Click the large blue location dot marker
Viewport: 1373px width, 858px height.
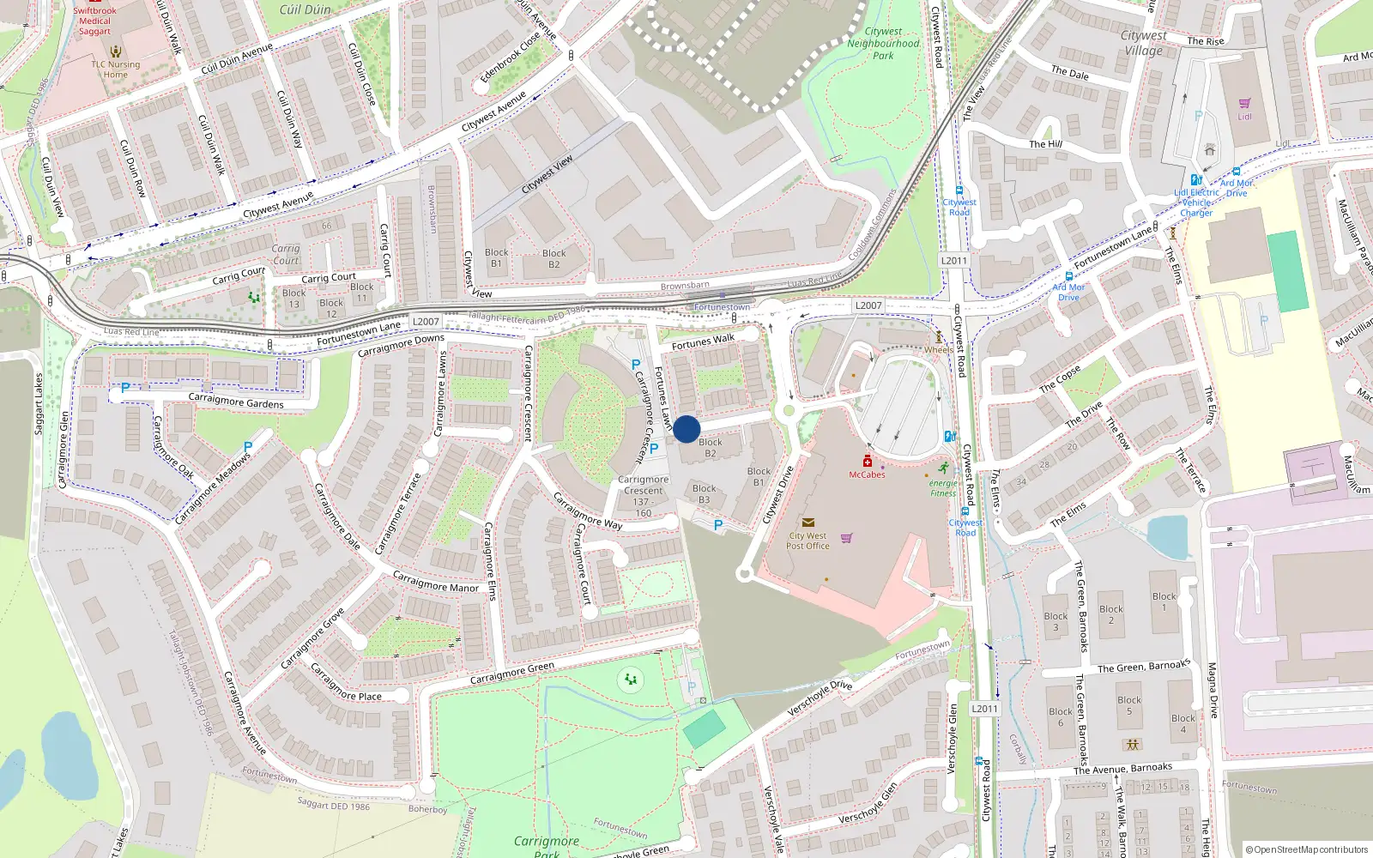[x=686, y=429]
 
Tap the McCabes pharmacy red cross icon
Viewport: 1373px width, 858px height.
[x=868, y=462]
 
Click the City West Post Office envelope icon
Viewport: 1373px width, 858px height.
[x=807, y=522]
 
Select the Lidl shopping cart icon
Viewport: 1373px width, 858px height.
[x=1244, y=104]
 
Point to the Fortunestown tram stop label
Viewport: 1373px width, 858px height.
[x=722, y=307]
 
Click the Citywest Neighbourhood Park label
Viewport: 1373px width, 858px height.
[x=883, y=44]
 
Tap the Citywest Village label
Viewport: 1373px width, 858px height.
[x=1144, y=43]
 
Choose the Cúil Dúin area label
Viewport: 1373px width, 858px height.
[x=305, y=9]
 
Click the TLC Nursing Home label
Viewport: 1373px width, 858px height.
[x=116, y=69]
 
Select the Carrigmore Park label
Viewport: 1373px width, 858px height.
[x=547, y=846]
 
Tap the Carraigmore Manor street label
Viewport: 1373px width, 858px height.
[x=436, y=583]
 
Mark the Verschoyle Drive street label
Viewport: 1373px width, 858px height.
[x=820, y=698]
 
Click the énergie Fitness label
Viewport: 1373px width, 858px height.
[x=943, y=488]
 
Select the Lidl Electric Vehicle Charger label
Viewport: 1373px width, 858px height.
[x=1197, y=203]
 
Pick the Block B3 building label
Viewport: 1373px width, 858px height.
[x=704, y=494]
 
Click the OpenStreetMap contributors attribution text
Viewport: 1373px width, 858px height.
[x=1306, y=849]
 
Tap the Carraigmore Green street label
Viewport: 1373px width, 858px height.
[x=512, y=674]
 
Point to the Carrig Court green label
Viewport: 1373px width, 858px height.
[x=286, y=255]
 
